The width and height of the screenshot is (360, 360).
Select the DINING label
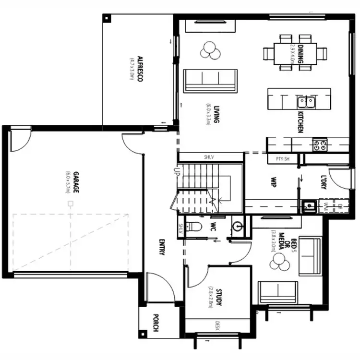[x=300, y=51]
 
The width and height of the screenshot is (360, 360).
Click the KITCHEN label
[x=300, y=122]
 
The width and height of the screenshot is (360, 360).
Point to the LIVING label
[x=216, y=114]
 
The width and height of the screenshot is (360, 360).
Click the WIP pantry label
[x=273, y=183]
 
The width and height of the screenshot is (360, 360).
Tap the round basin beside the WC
[x=238, y=226]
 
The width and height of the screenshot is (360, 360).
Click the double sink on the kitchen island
[x=306, y=101]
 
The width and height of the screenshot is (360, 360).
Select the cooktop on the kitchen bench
[x=320, y=144]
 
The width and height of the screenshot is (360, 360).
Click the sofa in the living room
[x=210, y=80]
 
